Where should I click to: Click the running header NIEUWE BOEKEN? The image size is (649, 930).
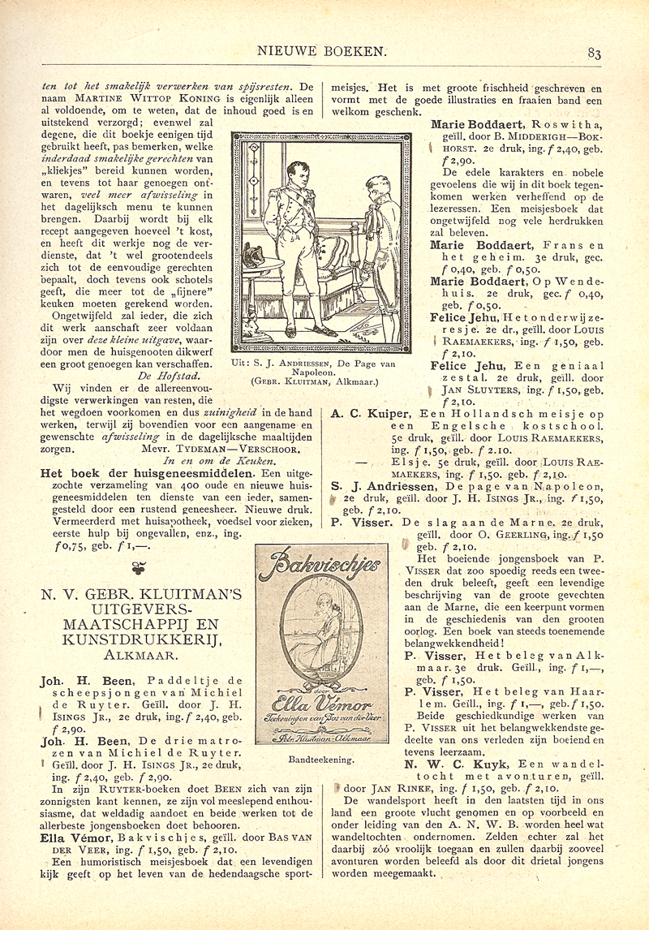pos(320,51)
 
